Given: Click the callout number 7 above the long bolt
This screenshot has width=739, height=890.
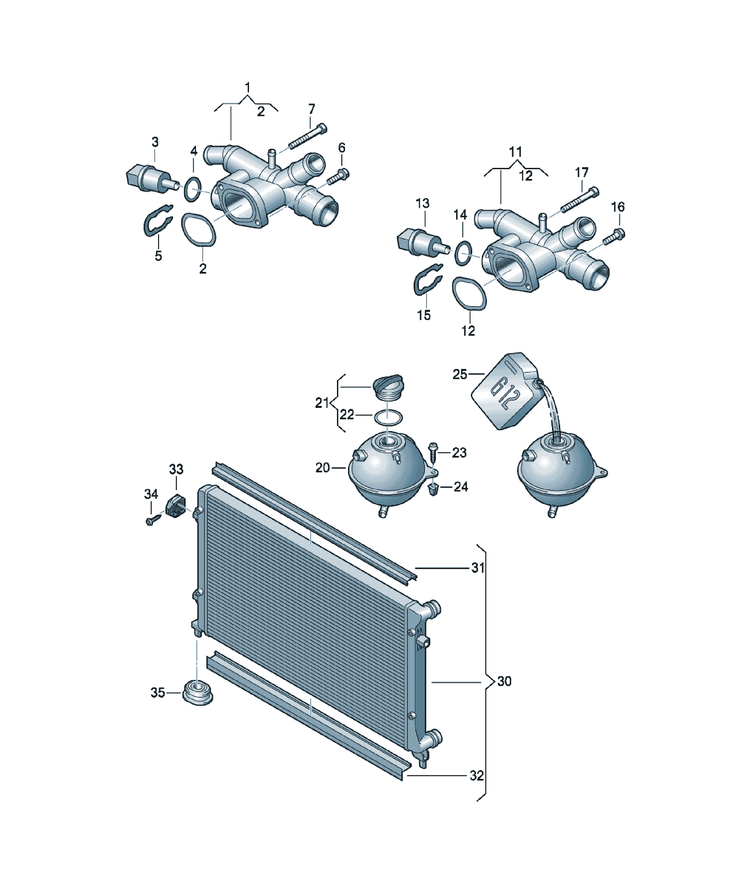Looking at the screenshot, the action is click(x=311, y=109).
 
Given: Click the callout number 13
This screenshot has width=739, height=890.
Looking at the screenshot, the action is click(x=423, y=203).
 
